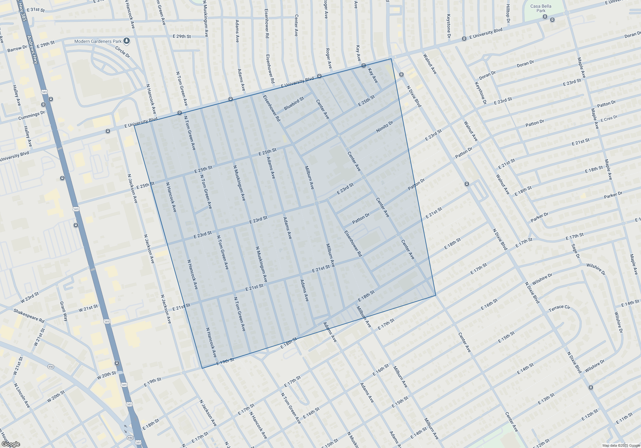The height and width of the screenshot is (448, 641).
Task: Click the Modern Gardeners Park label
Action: pos(98,41)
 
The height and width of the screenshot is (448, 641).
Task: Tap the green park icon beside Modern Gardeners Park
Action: pos(127,41)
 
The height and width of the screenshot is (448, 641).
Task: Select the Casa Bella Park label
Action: pos(541,8)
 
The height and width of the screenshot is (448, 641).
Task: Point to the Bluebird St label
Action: pos(294,104)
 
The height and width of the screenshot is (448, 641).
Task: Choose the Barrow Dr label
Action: pos(17,49)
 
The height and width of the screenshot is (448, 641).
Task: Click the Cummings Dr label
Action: pos(32,116)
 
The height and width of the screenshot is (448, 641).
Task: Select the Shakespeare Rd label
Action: pos(29,316)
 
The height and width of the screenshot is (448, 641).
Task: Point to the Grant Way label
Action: pos(64,311)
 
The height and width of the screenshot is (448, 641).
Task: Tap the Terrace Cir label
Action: pos(559,308)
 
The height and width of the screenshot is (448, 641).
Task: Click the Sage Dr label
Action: pos(575,251)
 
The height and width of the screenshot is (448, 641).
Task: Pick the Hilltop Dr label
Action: pos(508,13)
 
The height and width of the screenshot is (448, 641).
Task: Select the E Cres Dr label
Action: pos(609,119)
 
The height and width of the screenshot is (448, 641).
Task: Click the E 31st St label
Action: pos(36,10)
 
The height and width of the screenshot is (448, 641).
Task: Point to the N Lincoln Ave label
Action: pos(22,396)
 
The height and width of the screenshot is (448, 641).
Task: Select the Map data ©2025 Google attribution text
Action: pos(621,445)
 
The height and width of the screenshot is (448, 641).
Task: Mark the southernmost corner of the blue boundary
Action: pos(202,368)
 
